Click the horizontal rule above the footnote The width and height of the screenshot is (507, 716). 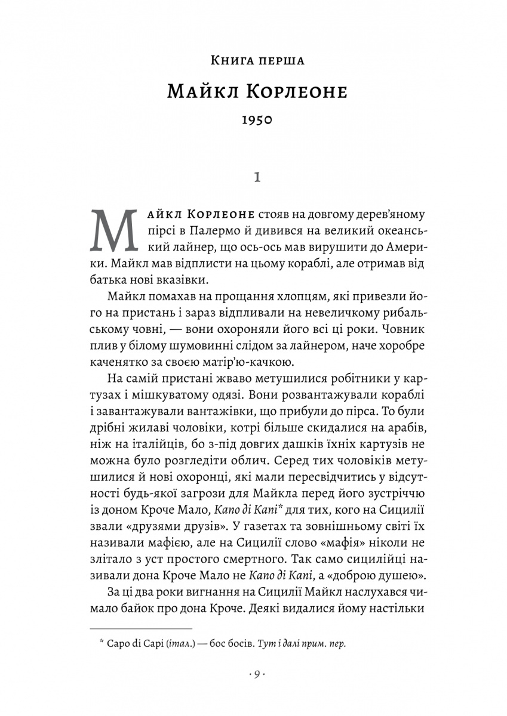pyautogui.click(x=141, y=628)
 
